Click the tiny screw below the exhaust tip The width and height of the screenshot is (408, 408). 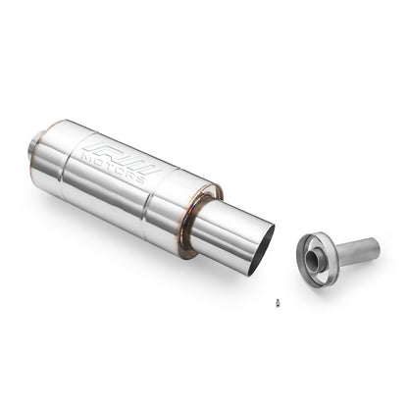tap(278, 302)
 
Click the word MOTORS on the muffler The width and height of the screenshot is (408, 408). tap(113, 166)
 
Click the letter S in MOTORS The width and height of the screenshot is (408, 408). tap(139, 178)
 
